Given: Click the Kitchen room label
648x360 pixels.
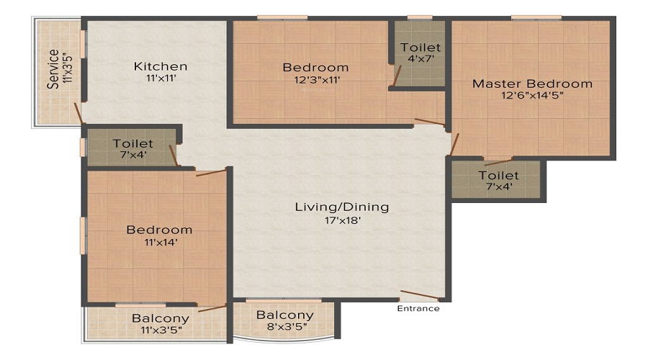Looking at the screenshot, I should (161, 66).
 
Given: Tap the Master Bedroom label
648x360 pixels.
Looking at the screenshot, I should (532, 84).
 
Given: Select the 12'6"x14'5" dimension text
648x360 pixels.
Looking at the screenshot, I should (532, 96).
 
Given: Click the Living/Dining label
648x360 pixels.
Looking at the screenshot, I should (342, 207).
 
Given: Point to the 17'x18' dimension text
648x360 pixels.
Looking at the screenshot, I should (342, 220).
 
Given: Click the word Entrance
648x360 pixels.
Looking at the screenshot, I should (418, 308).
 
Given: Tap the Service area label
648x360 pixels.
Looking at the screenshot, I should (53, 68).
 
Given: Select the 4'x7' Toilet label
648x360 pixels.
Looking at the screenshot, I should (420, 48).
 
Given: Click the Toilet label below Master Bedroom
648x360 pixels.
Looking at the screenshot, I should (498, 176).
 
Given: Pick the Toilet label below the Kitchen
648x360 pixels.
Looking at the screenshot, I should (132, 144).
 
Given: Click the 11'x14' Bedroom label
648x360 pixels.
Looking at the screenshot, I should (159, 230).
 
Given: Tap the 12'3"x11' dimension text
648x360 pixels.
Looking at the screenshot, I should (315, 80).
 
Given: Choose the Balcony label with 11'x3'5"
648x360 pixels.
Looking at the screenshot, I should (160, 318).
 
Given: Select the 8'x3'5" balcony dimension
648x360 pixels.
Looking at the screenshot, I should (285, 328).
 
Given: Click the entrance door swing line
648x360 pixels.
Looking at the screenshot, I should (419, 294).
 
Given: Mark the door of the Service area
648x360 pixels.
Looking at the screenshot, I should (78, 113).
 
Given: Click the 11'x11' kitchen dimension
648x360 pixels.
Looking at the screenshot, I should (161, 79).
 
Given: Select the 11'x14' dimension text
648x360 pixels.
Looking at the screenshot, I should (159, 243).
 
